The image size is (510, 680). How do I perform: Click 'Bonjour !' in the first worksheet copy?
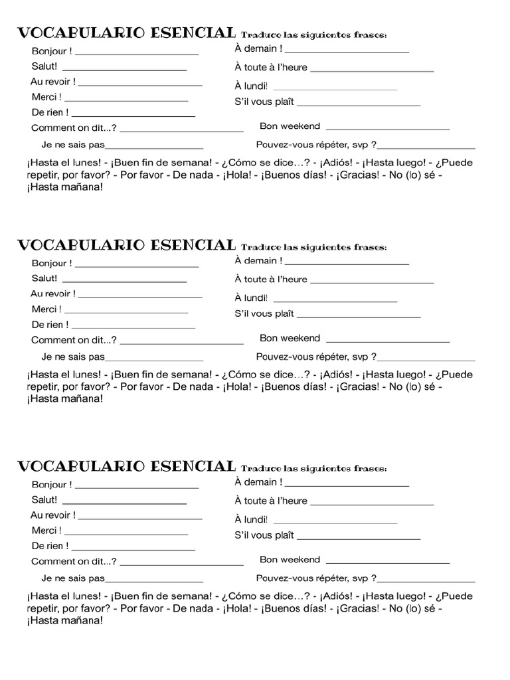click(x=52, y=51)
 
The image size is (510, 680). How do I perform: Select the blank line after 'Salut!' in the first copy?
click(x=124, y=68)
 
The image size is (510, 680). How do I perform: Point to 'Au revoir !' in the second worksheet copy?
click(x=53, y=294)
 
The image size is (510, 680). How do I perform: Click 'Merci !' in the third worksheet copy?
click(x=46, y=531)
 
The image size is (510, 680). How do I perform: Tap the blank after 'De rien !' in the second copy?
click(x=133, y=327)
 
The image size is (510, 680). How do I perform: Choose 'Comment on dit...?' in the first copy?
click(x=74, y=128)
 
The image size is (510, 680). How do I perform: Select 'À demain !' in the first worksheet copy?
click(x=258, y=48)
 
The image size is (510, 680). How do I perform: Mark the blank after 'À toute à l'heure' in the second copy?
click(x=372, y=282)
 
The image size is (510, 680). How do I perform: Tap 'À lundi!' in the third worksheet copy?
click(x=251, y=519)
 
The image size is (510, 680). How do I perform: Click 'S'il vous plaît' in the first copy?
click(x=264, y=102)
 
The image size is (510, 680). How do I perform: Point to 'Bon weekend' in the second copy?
click(x=290, y=338)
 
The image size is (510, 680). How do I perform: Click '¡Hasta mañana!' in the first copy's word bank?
click(x=65, y=187)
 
